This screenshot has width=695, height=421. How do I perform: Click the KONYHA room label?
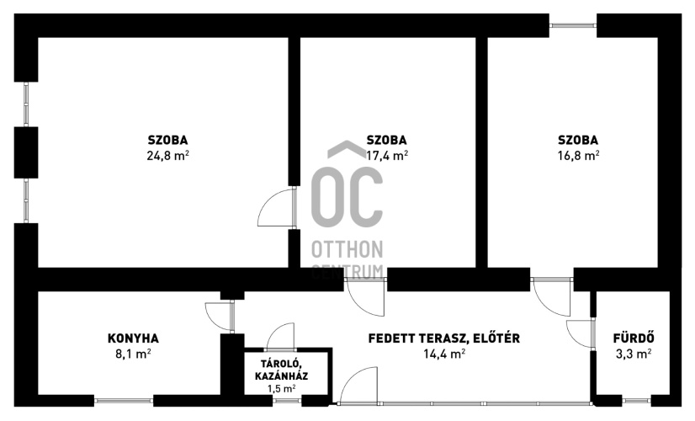[x=133, y=338]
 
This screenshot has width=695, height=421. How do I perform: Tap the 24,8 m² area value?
[x=168, y=156]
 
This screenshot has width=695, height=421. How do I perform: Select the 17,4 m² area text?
[x=387, y=156]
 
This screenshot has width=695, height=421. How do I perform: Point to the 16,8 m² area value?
[x=578, y=156]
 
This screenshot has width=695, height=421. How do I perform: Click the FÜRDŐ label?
[x=634, y=338]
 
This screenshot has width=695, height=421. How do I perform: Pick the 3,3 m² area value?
[x=634, y=354]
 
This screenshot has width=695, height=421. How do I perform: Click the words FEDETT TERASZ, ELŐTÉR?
[x=444, y=338]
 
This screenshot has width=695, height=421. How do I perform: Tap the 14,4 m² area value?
[x=444, y=354]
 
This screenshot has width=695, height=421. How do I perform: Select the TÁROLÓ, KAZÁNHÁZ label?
[x=282, y=370]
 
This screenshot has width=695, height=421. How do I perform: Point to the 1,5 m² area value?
[x=282, y=389]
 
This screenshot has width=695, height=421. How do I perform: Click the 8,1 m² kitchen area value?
[x=133, y=354]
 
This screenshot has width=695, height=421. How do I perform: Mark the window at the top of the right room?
[x=573, y=25]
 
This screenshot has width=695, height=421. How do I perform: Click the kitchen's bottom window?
[x=124, y=401]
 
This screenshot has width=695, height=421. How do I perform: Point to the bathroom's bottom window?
[x=636, y=401]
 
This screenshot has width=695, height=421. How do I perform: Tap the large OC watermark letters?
[x=347, y=197]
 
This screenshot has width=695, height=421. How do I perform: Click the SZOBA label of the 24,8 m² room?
[x=168, y=140]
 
